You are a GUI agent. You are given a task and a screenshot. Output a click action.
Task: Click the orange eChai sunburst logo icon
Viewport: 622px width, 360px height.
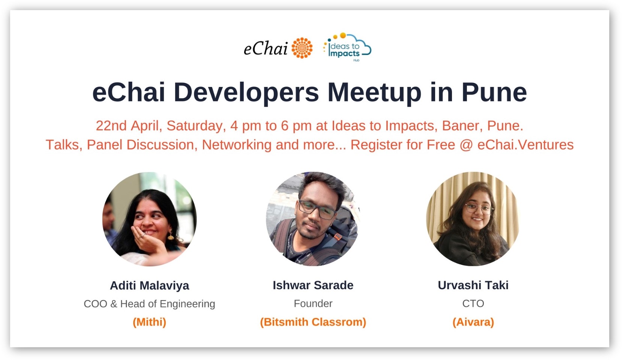pyautogui.click(x=302, y=48)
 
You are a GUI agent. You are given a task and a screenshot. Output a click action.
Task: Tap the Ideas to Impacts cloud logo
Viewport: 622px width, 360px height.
pyautogui.click(x=347, y=47)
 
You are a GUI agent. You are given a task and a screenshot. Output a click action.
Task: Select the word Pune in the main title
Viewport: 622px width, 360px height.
pyautogui.click(x=494, y=92)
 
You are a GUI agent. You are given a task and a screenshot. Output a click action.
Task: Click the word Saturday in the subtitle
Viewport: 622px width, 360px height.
pyautogui.click(x=196, y=126)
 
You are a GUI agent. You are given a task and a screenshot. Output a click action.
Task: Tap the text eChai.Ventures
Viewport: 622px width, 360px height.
pyautogui.click(x=526, y=145)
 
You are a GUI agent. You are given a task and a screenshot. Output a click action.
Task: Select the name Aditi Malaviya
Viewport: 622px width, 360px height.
pyautogui.click(x=149, y=285)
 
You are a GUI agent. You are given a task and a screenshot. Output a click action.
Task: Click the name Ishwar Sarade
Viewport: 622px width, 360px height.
pyautogui.click(x=313, y=285)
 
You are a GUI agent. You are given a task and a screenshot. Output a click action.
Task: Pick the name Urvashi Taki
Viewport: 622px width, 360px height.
pyautogui.click(x=473, y=285)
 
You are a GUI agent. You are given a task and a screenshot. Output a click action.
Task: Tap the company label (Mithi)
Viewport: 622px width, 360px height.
pyautogui.click(x=149, y=322)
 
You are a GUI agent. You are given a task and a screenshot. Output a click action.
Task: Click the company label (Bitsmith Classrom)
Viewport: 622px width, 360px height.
pyautogui.click(x=313, y=322)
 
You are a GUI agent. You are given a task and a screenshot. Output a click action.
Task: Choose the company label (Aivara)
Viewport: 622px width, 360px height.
pyautogui.click(x=473, y=322)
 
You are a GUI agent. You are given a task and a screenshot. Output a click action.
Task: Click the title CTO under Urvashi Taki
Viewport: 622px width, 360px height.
pyautogui.click(x=473, y=303)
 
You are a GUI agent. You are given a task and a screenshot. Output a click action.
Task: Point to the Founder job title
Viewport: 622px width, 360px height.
pyautogui.click(x=313, y=303)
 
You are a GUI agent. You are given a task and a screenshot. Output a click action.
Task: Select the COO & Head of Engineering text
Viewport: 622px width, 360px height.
pyautogui.click(x=149, y=304)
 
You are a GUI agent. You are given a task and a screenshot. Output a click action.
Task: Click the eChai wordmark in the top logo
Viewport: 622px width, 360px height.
pyautogui.click(x=266, y=49)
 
